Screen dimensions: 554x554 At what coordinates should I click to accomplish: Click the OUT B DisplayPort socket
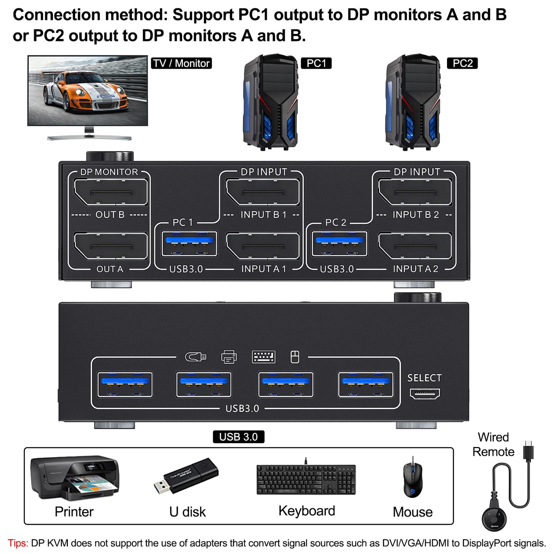pyautogui.click(x=110, y=192)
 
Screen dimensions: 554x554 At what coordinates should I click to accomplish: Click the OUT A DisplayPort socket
pyautogui.click(x=110, y=246)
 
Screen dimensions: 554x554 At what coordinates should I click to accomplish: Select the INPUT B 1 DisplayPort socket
pyautogui.click(x=263, y=192)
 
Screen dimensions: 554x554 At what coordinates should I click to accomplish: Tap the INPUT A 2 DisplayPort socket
pyautogui.click(x=415, y=246)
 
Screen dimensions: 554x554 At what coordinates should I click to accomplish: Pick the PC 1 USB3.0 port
pyautogui.click(x=189, y=243)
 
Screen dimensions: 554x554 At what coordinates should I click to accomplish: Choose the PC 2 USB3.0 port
pyautogui.click(x=339, y=243)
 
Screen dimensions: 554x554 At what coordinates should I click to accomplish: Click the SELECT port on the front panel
pyautogui.click(x=425, y=393)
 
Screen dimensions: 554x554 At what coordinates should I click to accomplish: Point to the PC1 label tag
pyautogui.click(x=316, y=63)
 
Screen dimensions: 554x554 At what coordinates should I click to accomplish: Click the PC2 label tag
pyautogui.click(x=462, y=63)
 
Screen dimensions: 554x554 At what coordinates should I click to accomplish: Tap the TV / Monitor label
pyautogui.click(x=181, y=63)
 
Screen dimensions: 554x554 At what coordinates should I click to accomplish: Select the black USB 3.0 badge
pyautogui.click(x=238, y=437)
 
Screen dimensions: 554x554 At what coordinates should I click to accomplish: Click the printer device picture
pyautogui.click(x=75, y=478)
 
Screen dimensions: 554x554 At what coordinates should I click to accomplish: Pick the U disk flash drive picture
pyautogui.click(x=187, y=476)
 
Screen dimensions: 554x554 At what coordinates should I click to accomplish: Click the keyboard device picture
pyautogui.click(x=306, y=479)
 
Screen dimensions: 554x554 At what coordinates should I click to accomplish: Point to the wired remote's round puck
pyautogui.click(x=494, y=518)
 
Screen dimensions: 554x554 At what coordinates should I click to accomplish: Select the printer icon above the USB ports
pyautogui.click(x=229, y=357)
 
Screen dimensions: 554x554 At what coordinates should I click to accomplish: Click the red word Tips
pyautogui.click(x=18, y=543)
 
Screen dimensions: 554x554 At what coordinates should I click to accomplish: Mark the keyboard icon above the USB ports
pyautogui.click(x=263, y=357)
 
